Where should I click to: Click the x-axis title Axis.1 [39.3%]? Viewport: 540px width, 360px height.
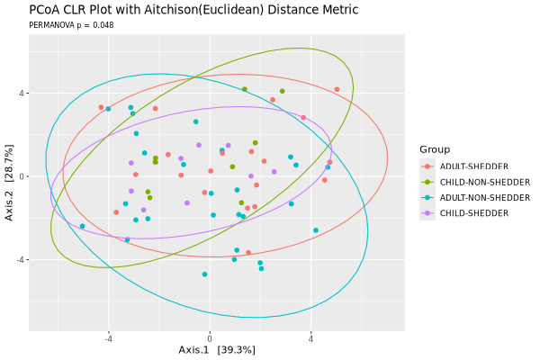[217, 349]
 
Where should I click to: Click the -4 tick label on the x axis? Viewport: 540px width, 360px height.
[108, 338]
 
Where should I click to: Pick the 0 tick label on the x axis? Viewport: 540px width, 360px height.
[210, 338]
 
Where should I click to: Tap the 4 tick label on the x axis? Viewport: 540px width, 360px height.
[310, 338]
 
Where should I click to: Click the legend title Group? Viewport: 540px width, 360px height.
[434, 149]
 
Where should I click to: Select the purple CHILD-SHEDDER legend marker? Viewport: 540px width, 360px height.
[427, 213]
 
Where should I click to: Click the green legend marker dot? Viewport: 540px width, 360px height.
[427, 182]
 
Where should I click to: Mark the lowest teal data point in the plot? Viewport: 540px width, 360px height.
[204, 274]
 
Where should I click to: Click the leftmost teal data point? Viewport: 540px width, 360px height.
[82, 226]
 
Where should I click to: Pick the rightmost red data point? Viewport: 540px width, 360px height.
[337, 89]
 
